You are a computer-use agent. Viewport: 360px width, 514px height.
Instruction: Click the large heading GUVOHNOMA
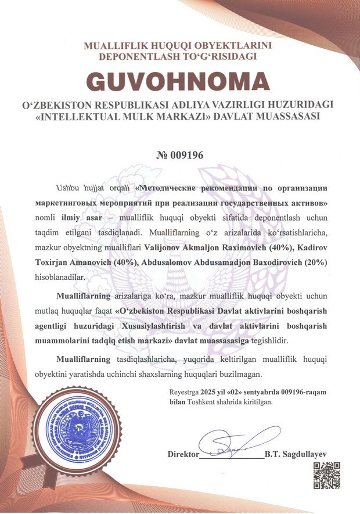(x=180, y=80)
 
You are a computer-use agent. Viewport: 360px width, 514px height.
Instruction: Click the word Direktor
(x=183, y=454)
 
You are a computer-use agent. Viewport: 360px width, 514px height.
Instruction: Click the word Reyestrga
(x=183, y=392)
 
